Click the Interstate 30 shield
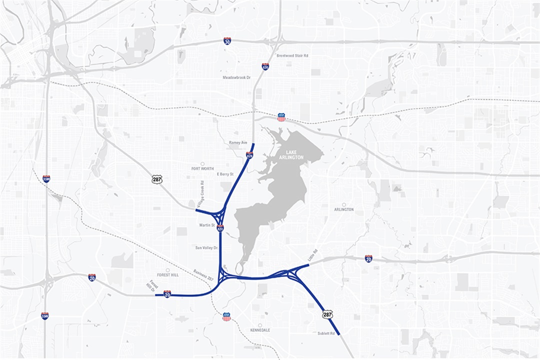pos(227,41)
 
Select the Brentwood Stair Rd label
pos(292,55)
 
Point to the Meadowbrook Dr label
pos(236,77)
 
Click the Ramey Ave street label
pos(238,142)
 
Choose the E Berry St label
pos(225,174)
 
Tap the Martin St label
pos(206,225)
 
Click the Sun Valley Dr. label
pos(206,247)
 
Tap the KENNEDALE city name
pos(260,330)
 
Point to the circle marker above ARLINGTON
pos(344,204)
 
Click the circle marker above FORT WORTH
pos(202,163)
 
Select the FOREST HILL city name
pos(167,274)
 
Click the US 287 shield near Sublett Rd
pos(327,314)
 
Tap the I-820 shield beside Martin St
pos(220,228)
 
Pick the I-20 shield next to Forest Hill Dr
pos(167,293)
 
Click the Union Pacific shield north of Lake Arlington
pos(281,117)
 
